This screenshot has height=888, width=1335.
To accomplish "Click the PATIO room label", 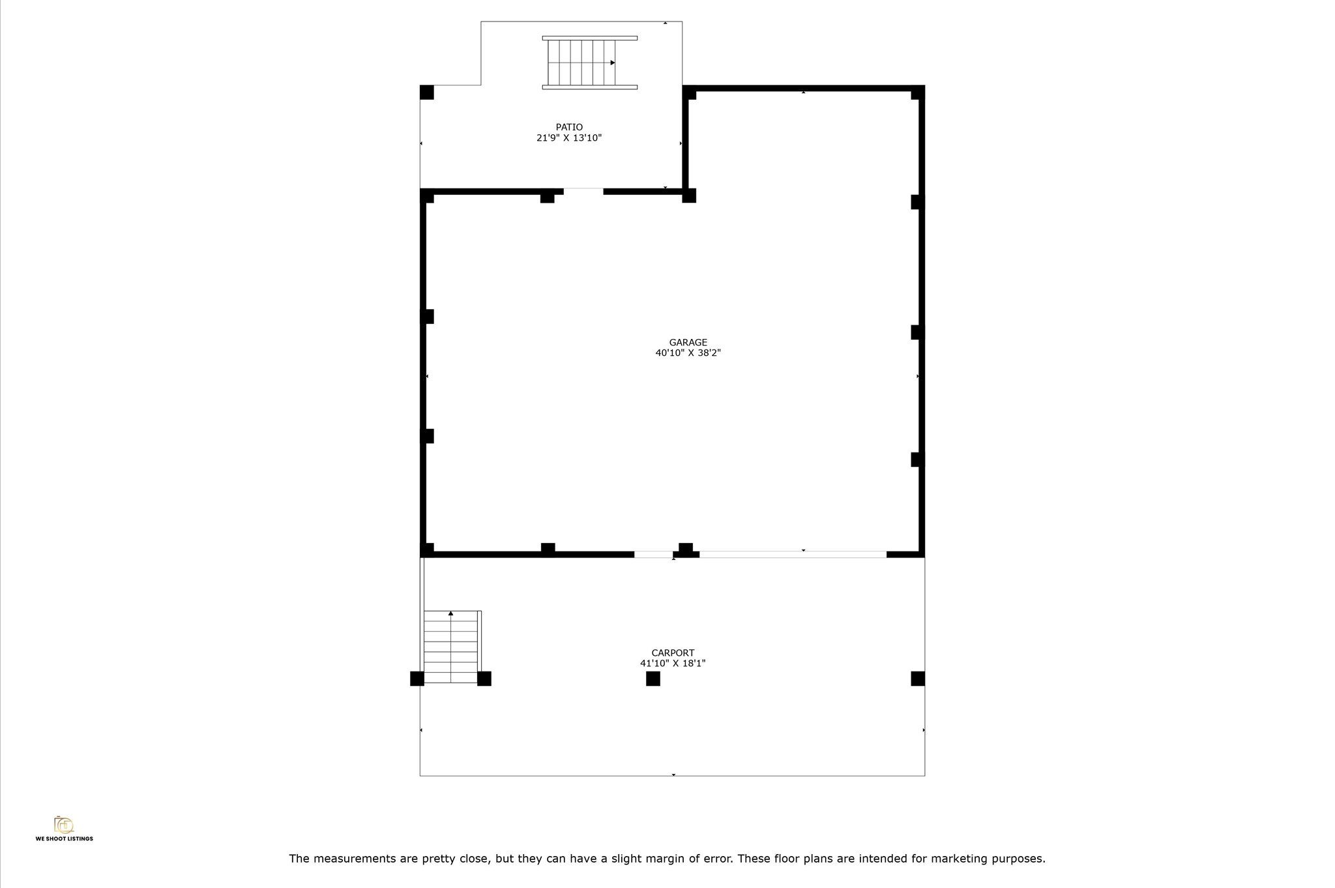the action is pyautogui.click(x=569, y=127).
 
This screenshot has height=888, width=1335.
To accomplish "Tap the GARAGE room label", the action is pyautogui.click(x=688, y=342).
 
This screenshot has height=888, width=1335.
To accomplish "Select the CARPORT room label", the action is pyautogui.click(x=673, y=653).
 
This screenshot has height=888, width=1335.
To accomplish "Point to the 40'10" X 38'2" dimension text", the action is pyautogui.click(x=688, y=353).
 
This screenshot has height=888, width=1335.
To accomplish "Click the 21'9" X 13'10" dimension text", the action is pyautogui.click(x=569, y=138).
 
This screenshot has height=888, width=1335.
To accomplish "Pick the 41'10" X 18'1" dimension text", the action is pyautogui.click(x=673, y=663).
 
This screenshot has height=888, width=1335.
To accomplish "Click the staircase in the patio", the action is pyautogui.click(x=589, y=63).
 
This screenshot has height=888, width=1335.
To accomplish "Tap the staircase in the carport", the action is pyautogui.click(x=452, y=647).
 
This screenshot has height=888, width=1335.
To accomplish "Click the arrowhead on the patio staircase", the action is pyautogui.click(x=613, y=63).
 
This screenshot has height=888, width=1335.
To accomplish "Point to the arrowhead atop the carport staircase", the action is pyautogui.click(x=450, y=614).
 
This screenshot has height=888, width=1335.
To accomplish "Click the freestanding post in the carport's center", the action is pyautogui.click(x=653, y=679).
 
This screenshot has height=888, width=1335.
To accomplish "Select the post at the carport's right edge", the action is pyautogui.click(x=918, y=679).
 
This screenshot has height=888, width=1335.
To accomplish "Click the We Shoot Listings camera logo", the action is pyautogui.click(x=64, y=825).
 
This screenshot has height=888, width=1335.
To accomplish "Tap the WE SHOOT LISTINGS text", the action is pyautogui.click(x=64, y=839).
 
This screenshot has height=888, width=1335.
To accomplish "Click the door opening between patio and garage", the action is pyautogui.click(x=583, y=191).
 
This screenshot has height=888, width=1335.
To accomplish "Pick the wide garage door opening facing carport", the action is pyautogui.click(x=793, y=554).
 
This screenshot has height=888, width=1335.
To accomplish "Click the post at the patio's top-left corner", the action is pyautogui.click(x=427, y=93).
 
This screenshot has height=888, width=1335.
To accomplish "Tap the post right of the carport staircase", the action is pyautogui.click(x=484, y=679).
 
